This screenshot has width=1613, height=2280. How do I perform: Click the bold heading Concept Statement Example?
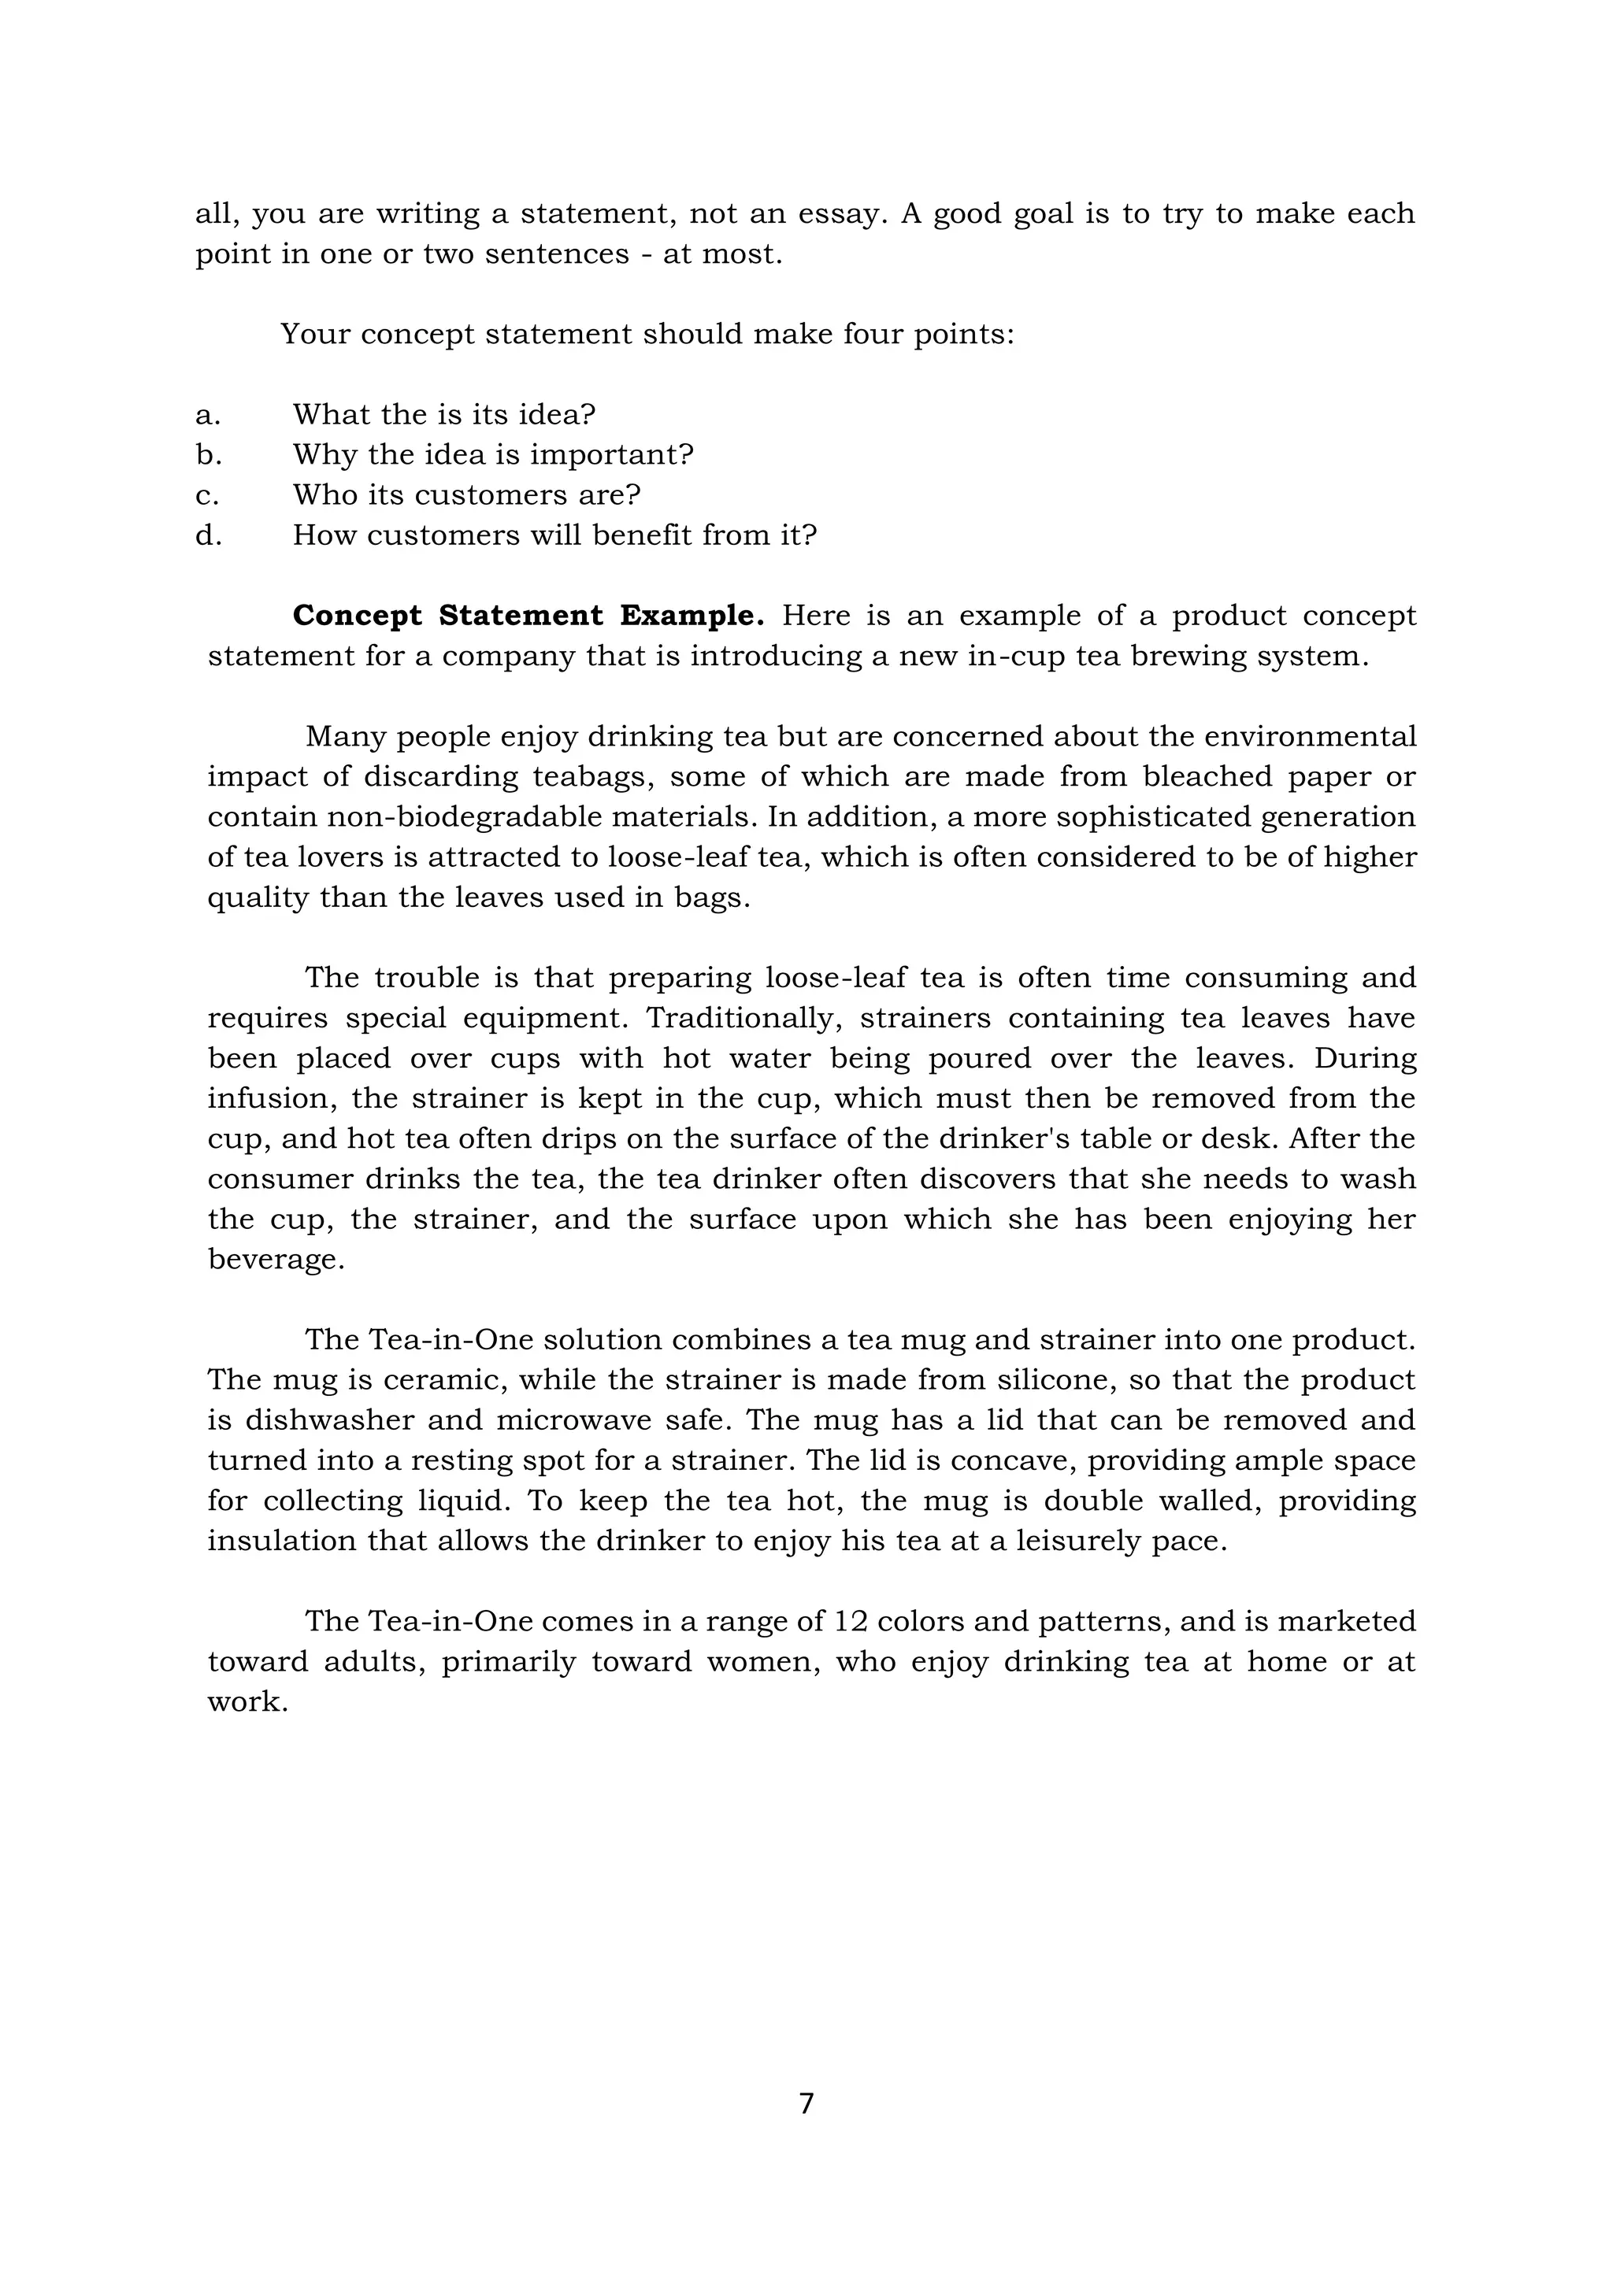tap(528, 616)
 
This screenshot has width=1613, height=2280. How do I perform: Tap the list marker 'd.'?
tap(208, 535)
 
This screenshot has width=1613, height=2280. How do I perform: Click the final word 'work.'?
tap(247, 1702)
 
